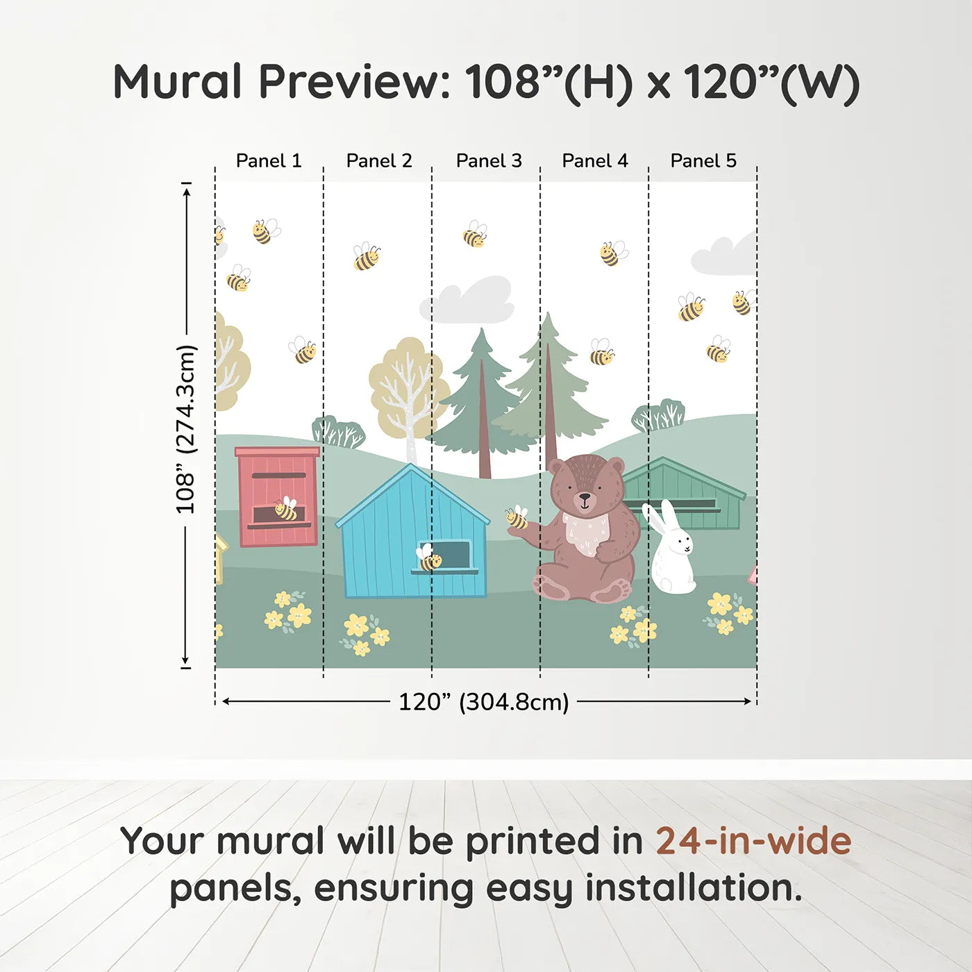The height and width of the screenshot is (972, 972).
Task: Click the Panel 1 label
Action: tap(269, 161)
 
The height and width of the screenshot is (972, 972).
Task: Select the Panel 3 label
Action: tap(489, 161)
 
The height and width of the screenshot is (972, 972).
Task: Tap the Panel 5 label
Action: tap(703, 161)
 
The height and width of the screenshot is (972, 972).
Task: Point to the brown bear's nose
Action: tap(585, 497)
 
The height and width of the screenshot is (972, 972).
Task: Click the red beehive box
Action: tap(278, 496)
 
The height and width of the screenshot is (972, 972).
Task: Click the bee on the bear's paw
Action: tap(517, 517)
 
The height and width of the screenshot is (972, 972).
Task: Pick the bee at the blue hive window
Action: tap(428, 558)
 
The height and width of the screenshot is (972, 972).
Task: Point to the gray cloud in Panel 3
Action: tap(469, 301)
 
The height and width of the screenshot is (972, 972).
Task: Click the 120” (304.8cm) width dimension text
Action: tap(483, 702)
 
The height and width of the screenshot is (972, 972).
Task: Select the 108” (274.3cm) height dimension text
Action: tap(186, 429)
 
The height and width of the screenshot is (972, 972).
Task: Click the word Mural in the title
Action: tap(177, 82)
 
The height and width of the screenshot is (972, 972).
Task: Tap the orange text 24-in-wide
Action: tap(753, 841)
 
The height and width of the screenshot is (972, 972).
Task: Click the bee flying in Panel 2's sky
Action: tap(366, 257)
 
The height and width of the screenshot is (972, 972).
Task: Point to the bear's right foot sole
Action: tap(611, 591)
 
